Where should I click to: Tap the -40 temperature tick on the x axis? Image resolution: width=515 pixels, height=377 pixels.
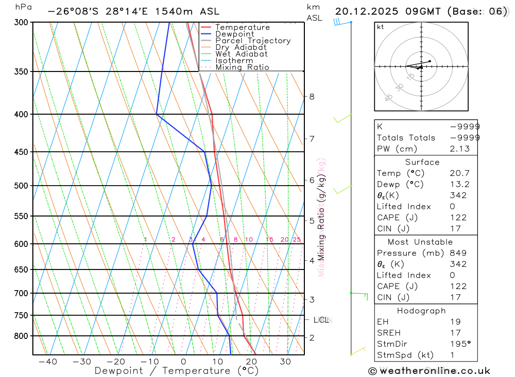click(48, 362)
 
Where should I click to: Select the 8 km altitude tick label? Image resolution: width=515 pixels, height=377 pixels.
click(312, 97)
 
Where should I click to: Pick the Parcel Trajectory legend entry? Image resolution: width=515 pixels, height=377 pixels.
click(253, 41)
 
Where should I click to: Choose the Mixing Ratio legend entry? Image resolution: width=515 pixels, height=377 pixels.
click(242, 67)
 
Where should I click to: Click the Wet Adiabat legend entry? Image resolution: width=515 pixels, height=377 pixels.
click(242, 54)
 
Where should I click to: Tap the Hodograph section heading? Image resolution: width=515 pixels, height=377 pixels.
click(422, 311)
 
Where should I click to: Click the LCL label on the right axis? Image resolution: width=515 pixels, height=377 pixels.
click(321, 320)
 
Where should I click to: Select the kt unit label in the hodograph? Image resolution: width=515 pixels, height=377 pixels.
click(380, 27)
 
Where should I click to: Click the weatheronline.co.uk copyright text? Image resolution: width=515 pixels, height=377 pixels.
click(429, 371)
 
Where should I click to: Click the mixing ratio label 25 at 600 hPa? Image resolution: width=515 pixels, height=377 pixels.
click(297, 240)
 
